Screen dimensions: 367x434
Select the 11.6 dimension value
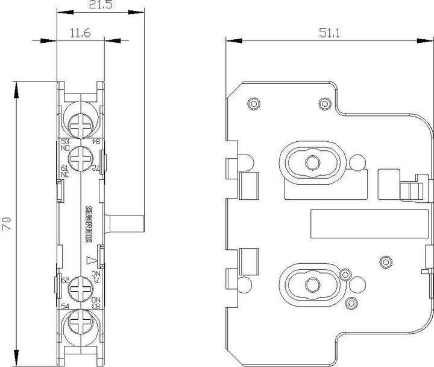[x=80, y=34]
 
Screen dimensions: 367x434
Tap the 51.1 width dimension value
[x=330, y=34]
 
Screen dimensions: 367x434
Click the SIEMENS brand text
[x=89, y=225]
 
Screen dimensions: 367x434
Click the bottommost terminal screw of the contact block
[x=80, y=326]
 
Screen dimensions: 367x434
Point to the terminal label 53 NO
[x=65, y=144]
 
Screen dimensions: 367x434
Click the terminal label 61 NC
[x=65, y=171]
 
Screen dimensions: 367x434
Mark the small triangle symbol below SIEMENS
[x=91, y=261]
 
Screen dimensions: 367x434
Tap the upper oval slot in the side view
[x=312, y=161]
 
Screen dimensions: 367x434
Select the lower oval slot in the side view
[x=312, y=284]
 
